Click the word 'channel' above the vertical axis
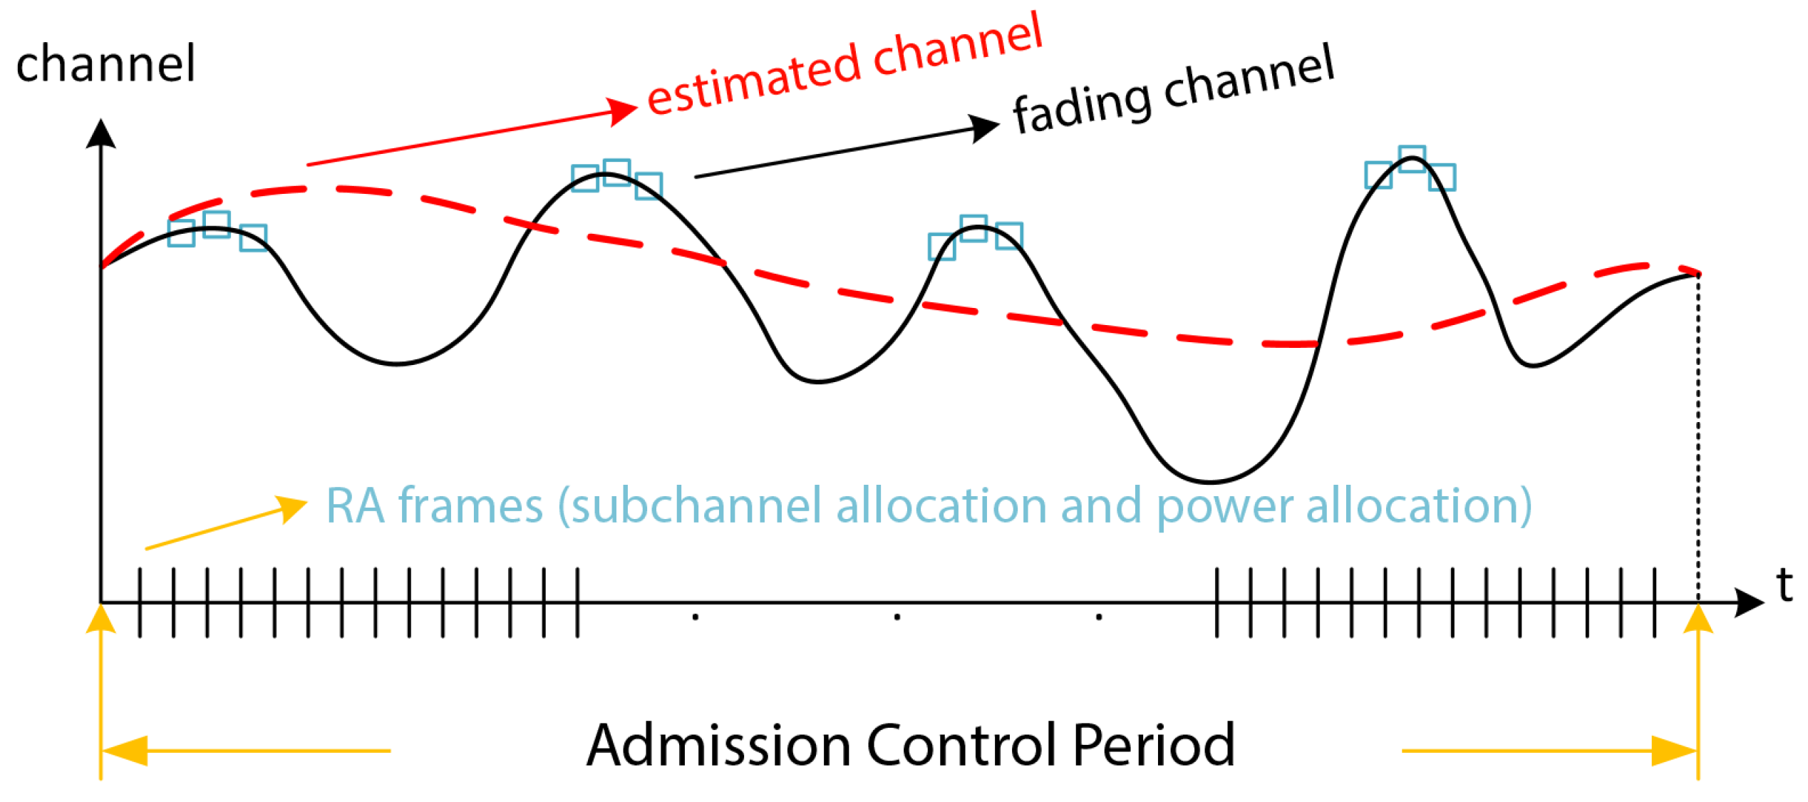coord(105,64)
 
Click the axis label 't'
coord(1784,586)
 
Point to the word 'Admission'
coord(718,746)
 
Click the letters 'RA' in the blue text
coord(354,506)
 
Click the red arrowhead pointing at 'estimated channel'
coord(623,111)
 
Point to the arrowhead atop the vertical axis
coord(100,134)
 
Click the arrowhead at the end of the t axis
coord(1749,602)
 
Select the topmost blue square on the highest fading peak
coord(1412,158)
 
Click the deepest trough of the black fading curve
coord(1209,481)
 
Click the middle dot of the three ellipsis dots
coord(897,617)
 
